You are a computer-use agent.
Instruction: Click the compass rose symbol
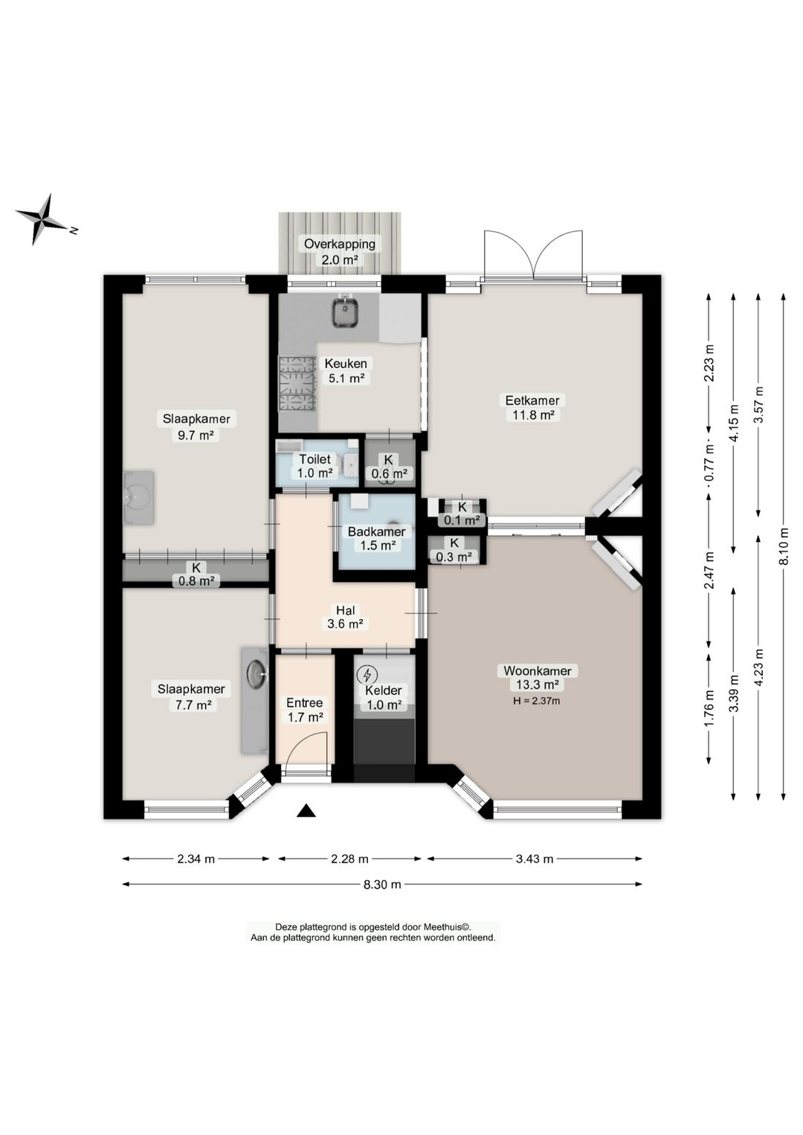click(x=42, y=219)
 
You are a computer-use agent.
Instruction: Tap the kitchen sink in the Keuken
click(x=346, y=311)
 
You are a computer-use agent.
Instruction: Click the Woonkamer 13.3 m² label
click(x=538, y=678)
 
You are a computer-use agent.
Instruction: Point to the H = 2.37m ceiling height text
click(x=537, y=702)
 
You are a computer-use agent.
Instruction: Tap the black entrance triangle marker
click(x=306, y=811)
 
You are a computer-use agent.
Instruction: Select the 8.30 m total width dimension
click(x=382, y=885)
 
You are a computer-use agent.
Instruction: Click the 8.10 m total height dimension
click(x=784, y=546)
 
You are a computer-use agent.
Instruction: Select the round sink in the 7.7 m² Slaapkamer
click(x=257, y=673)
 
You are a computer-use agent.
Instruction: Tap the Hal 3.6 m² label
click(x=345, y=617)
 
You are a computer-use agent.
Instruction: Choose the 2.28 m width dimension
click(x=349, y=858)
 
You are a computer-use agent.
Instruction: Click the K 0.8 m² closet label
click(x=196, y=574)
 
